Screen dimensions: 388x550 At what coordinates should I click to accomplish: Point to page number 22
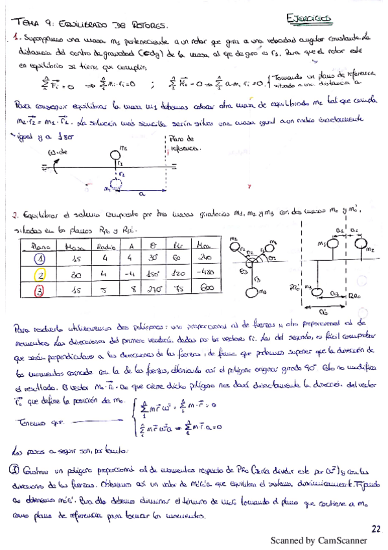click(376, 529)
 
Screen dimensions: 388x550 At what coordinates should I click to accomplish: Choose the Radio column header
click(101, 245)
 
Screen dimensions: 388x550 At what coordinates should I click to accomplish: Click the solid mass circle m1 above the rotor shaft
click(122, 156)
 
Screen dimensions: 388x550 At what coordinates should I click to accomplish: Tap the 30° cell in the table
click(154, 257)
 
